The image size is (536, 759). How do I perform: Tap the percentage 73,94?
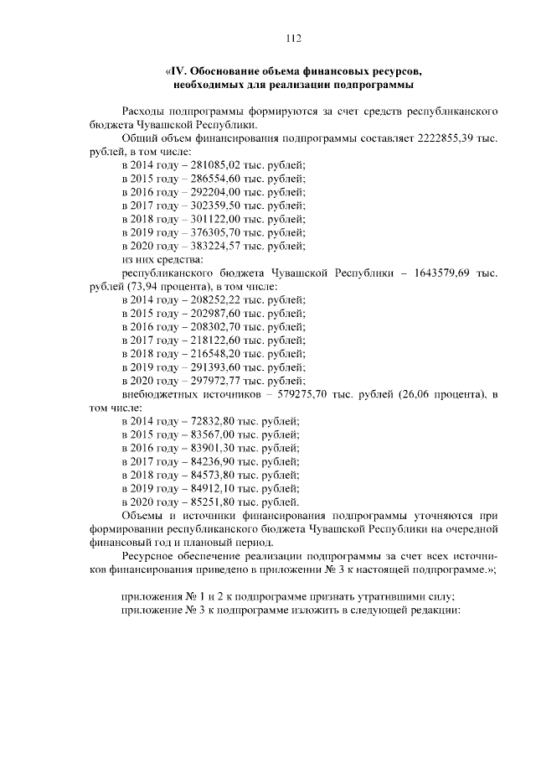144,287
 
